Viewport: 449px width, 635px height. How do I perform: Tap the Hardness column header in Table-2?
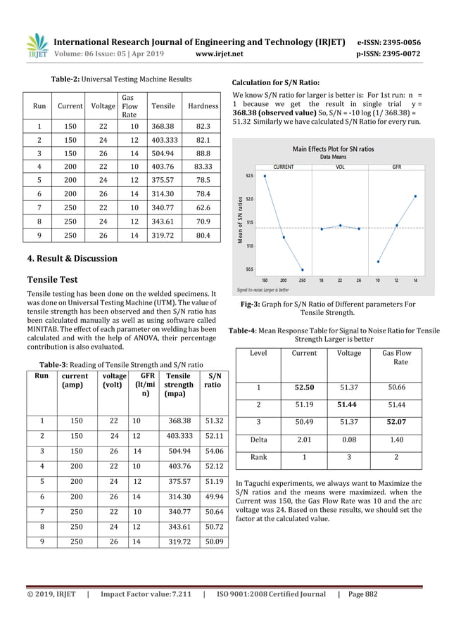coord(203,107)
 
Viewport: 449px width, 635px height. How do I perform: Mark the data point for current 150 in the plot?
coord(265,176)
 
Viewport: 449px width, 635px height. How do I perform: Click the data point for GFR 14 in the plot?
coord(415,196)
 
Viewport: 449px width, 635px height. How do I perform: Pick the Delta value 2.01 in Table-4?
coord(304,441)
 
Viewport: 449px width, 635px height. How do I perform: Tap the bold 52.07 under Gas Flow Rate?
coord(400,423)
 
